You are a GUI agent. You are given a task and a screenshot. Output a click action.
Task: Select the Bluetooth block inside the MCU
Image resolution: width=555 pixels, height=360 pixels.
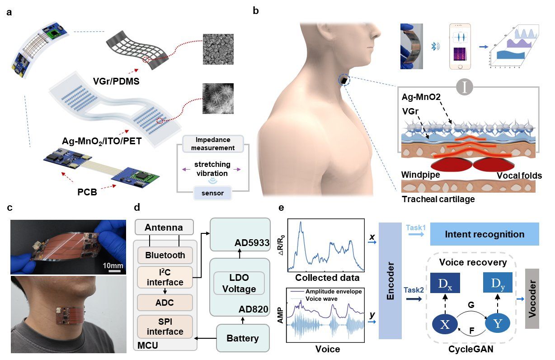click(165, 255)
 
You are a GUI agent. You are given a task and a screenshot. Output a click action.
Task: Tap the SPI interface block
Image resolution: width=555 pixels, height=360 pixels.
click(165, 326)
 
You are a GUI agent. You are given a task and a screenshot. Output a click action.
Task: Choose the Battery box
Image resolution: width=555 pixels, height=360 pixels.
click(243, 338)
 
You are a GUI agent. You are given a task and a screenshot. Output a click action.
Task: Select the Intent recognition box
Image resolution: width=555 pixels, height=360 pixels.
click(484, 234)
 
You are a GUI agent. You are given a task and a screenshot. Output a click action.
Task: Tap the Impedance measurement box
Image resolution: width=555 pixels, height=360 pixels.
click(212, 144)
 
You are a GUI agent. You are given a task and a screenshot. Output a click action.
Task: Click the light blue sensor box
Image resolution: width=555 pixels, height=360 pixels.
click(212, 194)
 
